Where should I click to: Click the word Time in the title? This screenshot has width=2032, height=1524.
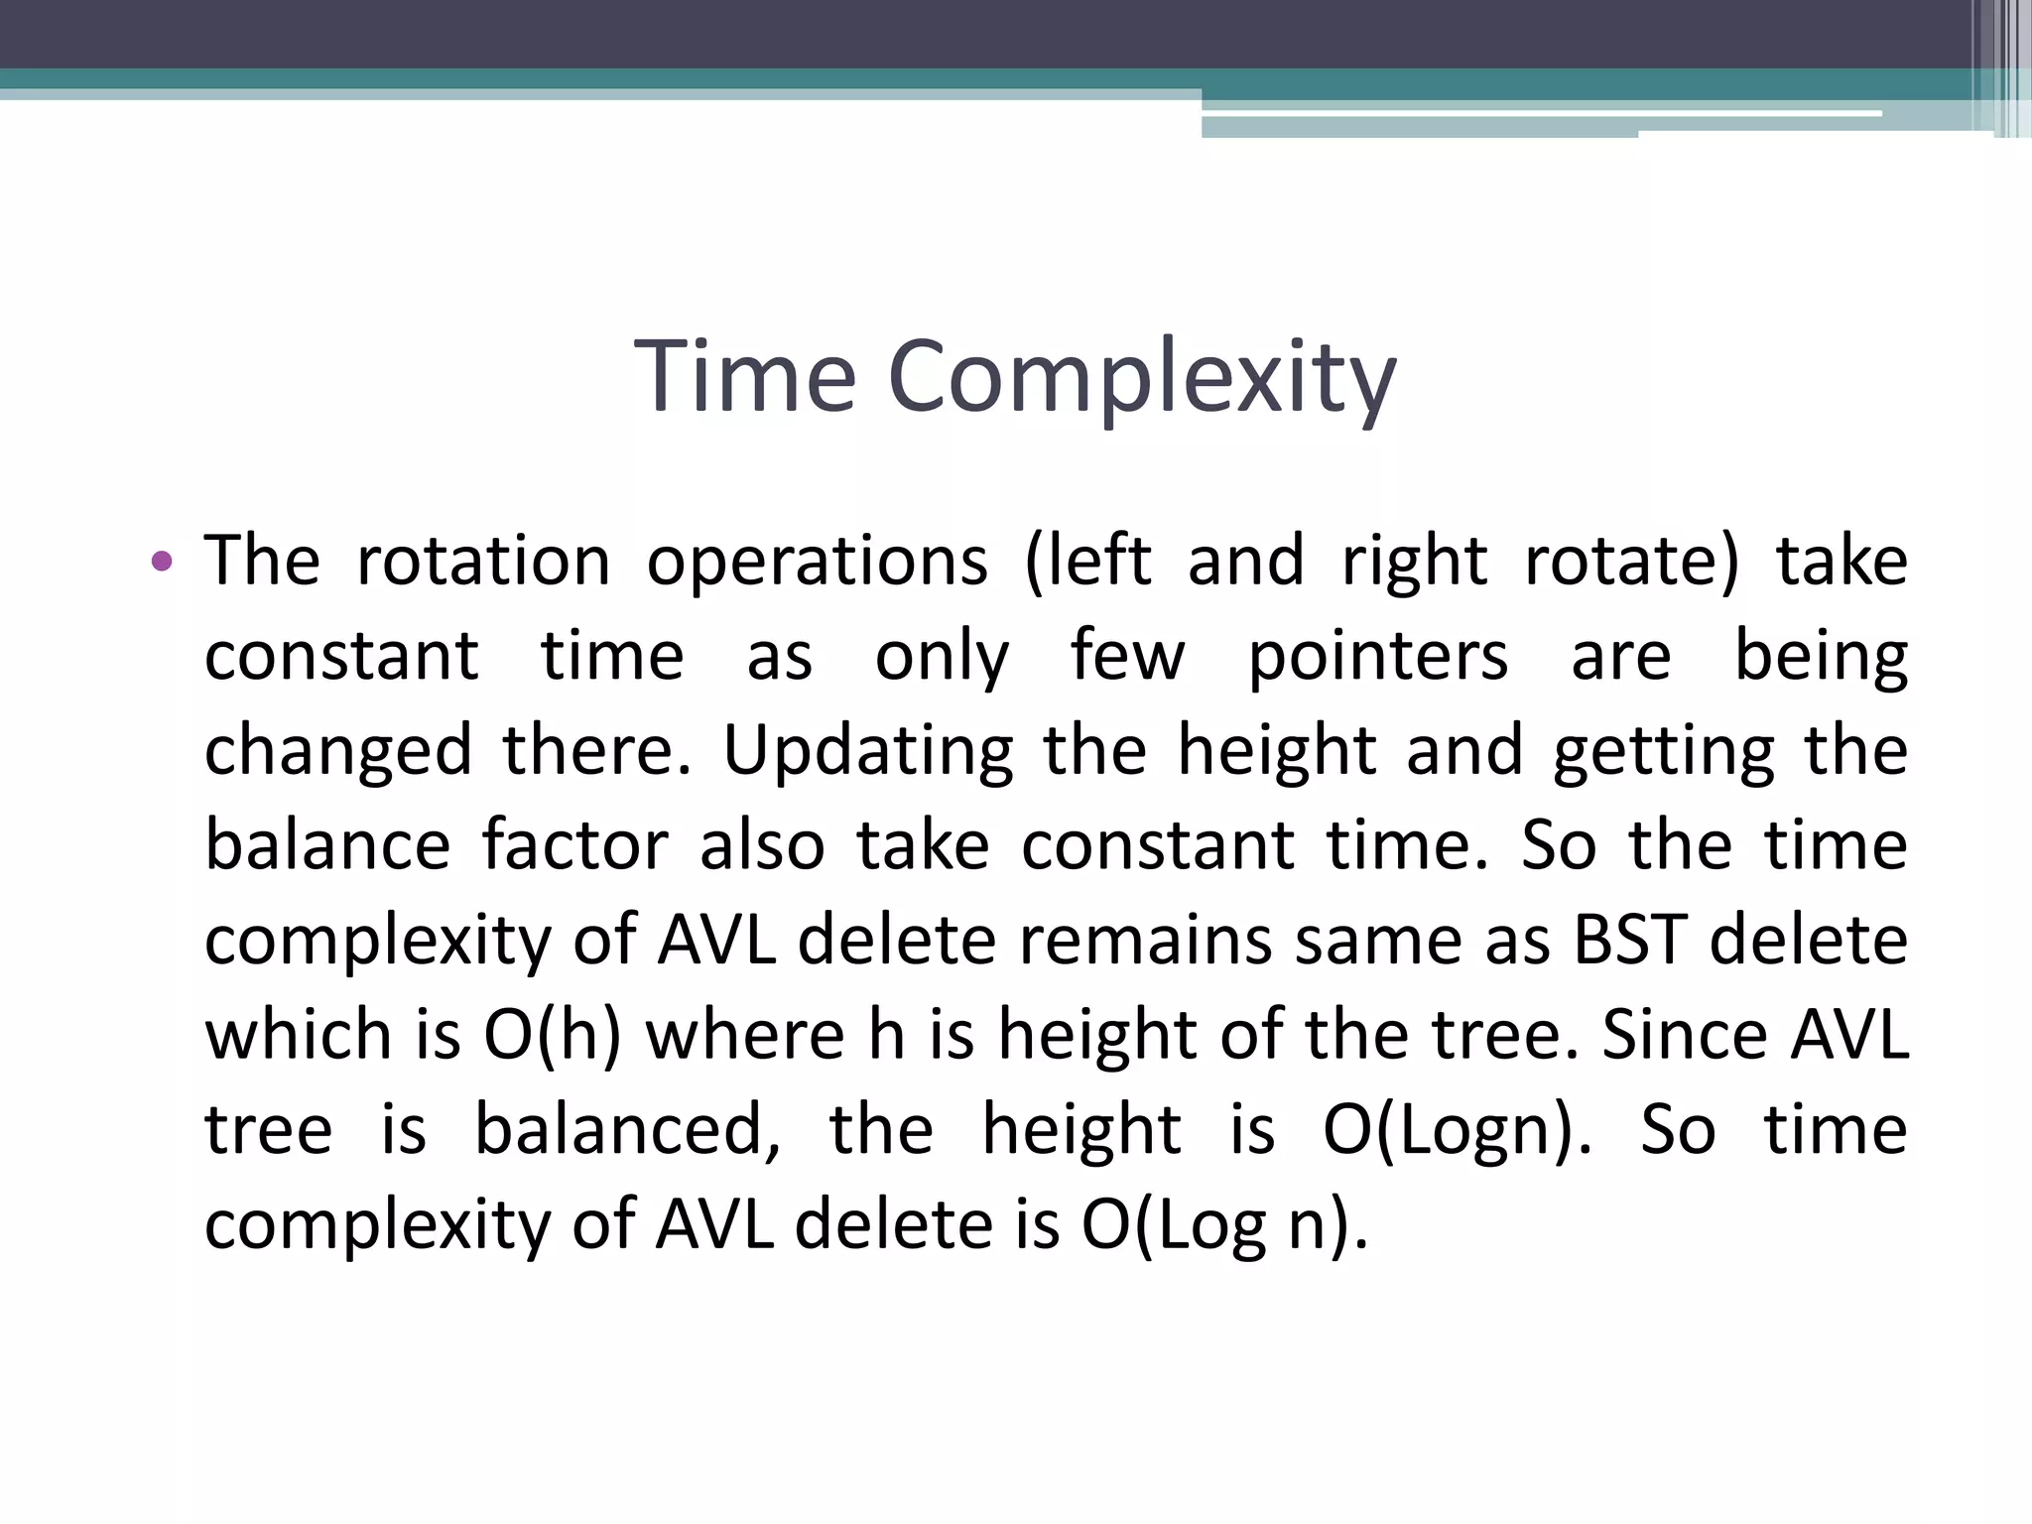[744, 377]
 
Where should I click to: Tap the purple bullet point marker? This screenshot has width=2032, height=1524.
[162, 563]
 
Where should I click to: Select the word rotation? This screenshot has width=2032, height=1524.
[483, 562]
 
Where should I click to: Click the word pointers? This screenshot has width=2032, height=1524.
[1377, 658]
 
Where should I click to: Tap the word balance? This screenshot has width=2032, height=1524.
[327, 845]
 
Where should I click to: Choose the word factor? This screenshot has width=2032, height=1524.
[574, 845]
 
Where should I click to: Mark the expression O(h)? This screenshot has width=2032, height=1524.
[552, 1035]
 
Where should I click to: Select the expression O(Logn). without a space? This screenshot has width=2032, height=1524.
[1457, 1131]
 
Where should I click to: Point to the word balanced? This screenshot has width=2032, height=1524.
[627, 1129]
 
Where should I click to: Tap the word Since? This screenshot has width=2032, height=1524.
[1684, 1035]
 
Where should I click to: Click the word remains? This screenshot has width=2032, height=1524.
[1145, 940]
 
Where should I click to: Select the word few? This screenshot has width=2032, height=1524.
[1127, 657]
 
